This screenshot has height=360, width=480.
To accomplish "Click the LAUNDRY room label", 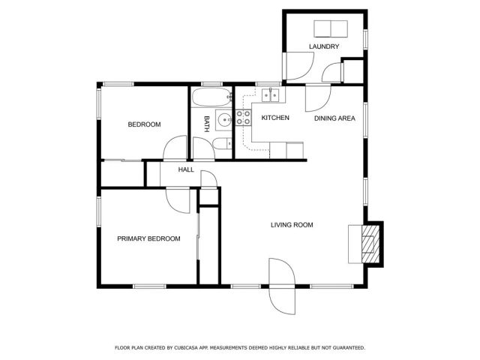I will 324,46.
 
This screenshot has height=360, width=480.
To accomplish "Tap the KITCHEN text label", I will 275,118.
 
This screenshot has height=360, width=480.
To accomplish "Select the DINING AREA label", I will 334,118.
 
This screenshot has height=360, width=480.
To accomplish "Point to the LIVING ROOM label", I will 292,225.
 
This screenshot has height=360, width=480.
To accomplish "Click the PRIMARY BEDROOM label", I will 148,239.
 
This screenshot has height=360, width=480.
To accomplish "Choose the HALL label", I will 186,170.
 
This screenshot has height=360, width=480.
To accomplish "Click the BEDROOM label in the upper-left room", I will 144,124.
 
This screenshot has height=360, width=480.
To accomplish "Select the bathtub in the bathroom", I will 210,97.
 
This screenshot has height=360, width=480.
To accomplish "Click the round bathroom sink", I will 223,119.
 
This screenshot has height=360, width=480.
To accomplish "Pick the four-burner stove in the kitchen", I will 243,117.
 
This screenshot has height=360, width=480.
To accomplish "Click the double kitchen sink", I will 271,94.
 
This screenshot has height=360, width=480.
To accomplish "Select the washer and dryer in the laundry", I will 330,28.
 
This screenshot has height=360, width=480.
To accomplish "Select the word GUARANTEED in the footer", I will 346,348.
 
